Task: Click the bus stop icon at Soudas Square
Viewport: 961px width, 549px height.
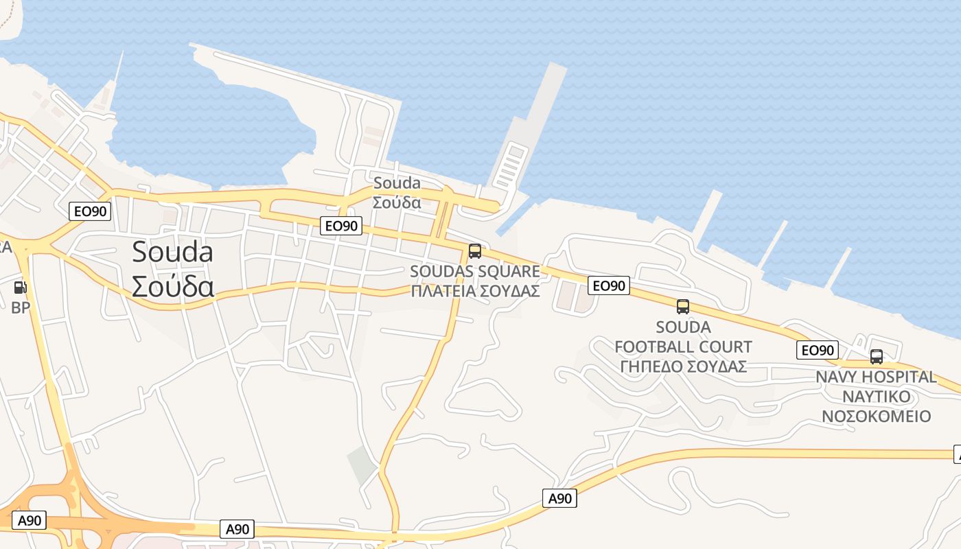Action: [x=474, y=251]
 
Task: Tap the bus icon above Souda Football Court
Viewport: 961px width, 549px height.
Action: [x=682, y=307]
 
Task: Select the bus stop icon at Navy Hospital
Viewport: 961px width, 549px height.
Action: [x=876, y=357]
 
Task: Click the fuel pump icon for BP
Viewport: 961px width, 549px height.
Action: [x=21, y=288]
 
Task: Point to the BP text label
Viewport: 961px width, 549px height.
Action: [x=21, y=308]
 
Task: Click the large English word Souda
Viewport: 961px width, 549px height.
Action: [x=172, y=252]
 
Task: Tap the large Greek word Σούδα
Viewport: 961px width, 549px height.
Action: [x=172, y=287]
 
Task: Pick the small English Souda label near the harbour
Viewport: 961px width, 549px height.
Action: [x=397, y=183]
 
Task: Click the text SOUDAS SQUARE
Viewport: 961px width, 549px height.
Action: [x=475, y=271]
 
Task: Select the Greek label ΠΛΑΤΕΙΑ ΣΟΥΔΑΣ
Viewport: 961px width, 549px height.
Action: [x=475, y=290]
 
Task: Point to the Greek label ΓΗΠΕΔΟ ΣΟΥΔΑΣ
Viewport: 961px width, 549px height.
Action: [x=683, y=366]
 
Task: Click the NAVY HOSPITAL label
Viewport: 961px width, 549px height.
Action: [x=876, y=377]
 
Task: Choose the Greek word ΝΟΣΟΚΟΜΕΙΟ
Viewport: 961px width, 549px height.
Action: [x=876, y=417]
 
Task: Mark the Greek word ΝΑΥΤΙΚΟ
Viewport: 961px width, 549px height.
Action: [x=876, y=397]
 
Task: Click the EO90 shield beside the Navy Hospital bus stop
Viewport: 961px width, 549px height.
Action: [x=817, y=350]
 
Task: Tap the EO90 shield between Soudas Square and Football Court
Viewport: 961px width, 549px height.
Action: [x=608, y=285]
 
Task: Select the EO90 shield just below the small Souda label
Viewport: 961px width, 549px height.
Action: [x=341, y=225]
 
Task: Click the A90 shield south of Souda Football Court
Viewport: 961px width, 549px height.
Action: [x=559, y=498]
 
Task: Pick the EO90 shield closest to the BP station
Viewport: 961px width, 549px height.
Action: [x=90, y=211]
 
